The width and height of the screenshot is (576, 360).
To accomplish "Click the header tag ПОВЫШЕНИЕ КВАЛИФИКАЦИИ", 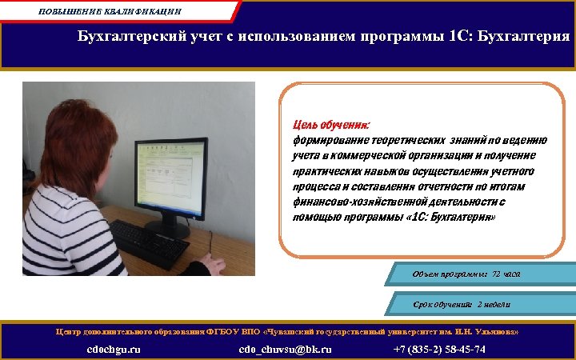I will (110, 11).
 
